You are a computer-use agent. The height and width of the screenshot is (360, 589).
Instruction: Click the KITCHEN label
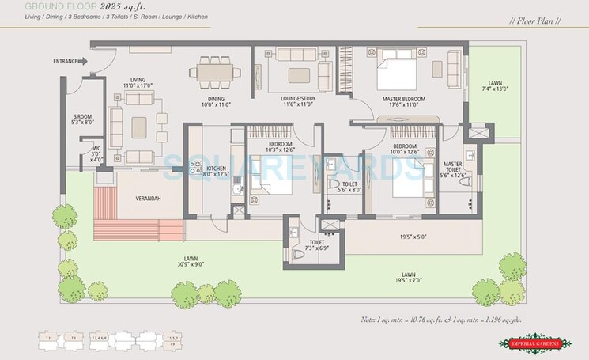click(x=216, y=169)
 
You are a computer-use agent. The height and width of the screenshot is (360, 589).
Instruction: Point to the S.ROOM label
click(x=83, y=117)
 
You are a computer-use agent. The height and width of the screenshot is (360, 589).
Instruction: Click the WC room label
click(x=96, y=149)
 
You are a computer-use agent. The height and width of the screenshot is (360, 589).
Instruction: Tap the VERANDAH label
click(x=148, y=198)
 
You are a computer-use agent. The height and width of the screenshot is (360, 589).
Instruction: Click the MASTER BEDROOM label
click(x=403, y=99)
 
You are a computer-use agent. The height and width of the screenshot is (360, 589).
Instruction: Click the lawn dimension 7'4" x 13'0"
click(x=495, y=89)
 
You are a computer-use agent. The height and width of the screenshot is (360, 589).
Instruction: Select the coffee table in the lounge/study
click(x=299, y=75)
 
